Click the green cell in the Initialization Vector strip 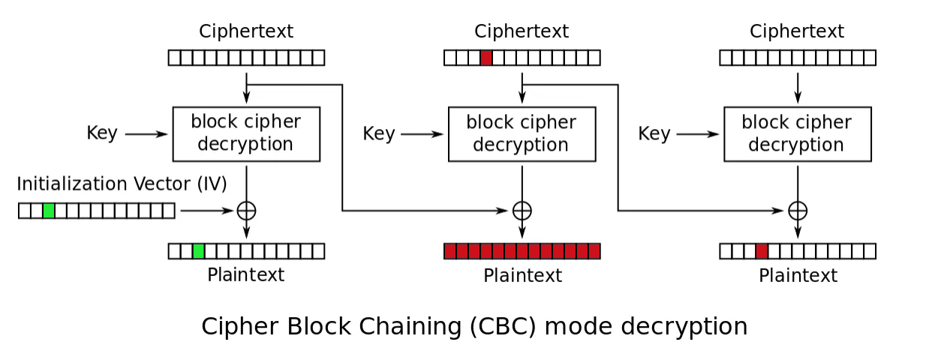(x=49, y=211)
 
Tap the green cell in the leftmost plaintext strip (x=199, y=251)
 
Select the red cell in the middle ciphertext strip (x=486, y=58)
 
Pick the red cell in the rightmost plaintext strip (x=762, y=251)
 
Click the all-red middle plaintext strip (x=522, y=251)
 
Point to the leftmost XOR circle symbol (x=246, y=211)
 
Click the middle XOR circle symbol (x=522, y=211)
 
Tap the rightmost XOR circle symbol (x=798, y=211)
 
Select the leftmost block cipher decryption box (x=246, y=133)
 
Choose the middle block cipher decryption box (x=522, y=133)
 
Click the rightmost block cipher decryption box (x=798, y=133)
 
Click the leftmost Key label (x=102, y=133)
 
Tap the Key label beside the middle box (x=378, y=133)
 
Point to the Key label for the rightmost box (x=654, y=133)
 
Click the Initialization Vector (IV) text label (x=122, y=184)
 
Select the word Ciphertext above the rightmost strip (x=797, y=31)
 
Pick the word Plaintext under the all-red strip (x=522, y=275)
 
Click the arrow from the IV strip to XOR (x=206, y=211)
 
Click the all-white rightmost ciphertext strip (x=798, y=58)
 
